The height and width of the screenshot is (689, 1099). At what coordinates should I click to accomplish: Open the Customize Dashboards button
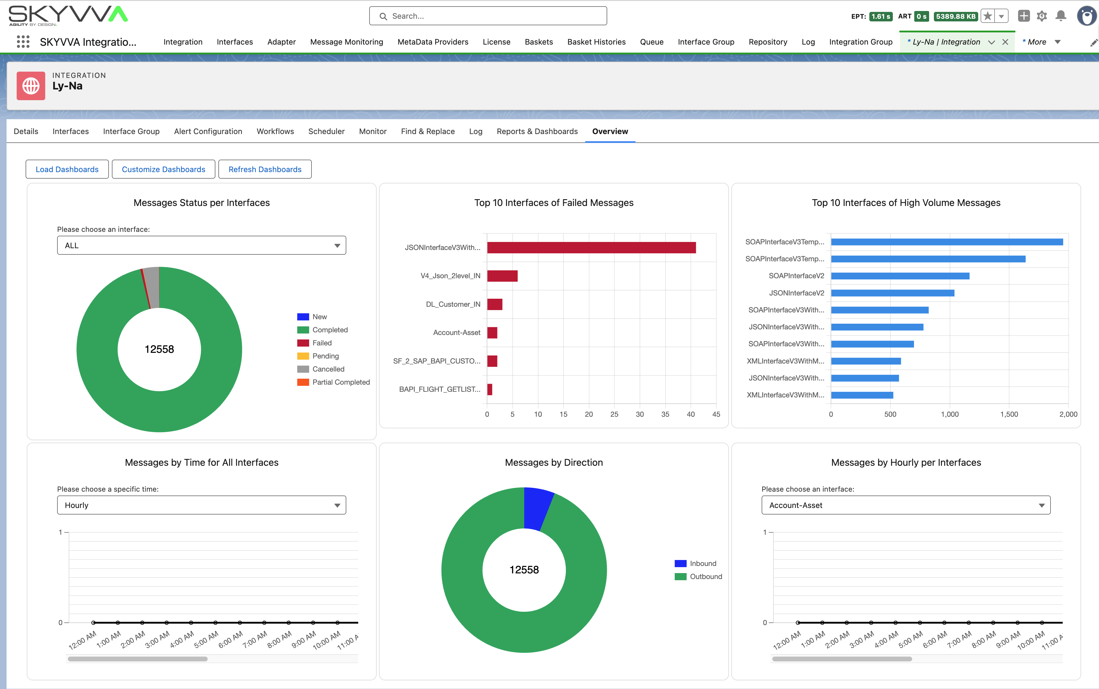[x=163, y=169]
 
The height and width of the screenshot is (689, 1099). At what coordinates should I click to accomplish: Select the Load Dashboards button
[x=67, y=169]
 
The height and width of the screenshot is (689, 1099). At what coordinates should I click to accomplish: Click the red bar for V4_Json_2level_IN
[x=502, y=276]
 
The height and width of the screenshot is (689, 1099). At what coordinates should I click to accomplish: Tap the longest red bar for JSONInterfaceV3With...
[x=591, y=247]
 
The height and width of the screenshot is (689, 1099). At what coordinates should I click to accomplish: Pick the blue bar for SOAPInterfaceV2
[x=900, y=276]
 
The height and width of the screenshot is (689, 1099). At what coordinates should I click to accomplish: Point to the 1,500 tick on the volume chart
[x=1009, y=414]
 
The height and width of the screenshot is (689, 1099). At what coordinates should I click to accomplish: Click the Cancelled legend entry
[x=328, y=369]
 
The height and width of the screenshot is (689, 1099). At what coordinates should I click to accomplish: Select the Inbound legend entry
[x=702, y=564]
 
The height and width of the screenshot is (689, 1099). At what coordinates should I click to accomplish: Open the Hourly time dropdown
[x=201, y=505]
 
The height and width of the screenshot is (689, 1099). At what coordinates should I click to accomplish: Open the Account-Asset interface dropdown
[x=906, y=505]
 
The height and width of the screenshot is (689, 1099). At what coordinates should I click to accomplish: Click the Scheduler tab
[x=326, y=131]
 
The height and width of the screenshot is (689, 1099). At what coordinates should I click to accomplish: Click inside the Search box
[x=488, y=16]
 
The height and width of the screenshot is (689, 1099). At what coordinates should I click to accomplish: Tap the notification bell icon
[x=1061, y=16]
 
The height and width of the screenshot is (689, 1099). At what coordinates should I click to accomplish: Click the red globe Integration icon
[x=31, y=86]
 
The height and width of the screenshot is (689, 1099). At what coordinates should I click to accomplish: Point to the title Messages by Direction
[x=554, y=463]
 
